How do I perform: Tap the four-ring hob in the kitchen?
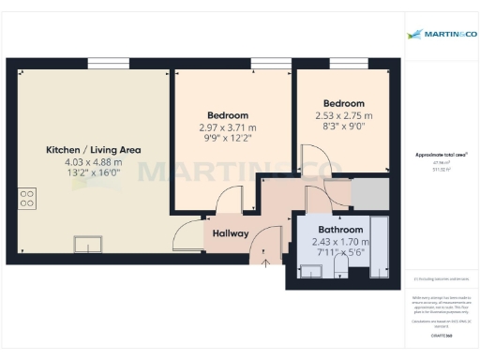(28, 198)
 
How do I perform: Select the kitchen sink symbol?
(89, 244)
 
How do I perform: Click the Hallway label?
(231, 233)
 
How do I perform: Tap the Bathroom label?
(340, 230)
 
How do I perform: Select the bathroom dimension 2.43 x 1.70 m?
(340, 242)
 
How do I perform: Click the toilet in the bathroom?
(339, 270)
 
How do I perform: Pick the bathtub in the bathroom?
(379, 246)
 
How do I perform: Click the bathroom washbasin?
(309, 270)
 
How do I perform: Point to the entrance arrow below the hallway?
(265, 261)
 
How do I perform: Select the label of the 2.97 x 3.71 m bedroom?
(227, 114)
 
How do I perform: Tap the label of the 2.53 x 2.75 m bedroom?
(343, 103)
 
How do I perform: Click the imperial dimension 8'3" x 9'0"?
(343, 128)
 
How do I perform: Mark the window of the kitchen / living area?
(106, 64)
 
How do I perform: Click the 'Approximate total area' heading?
(441, 154)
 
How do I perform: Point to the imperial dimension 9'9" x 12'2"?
(227, 140)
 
